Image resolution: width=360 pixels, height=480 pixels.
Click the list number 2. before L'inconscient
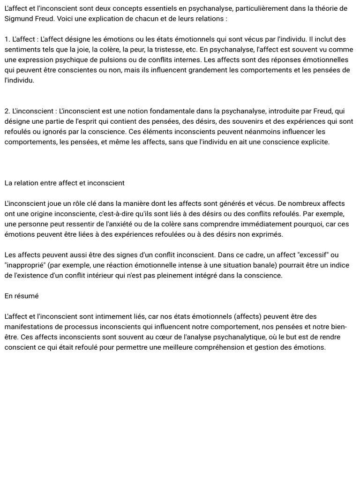(7, 111)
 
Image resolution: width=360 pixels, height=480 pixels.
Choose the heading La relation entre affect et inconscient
(65, 183)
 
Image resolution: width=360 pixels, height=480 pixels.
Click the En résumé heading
(22, 296)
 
